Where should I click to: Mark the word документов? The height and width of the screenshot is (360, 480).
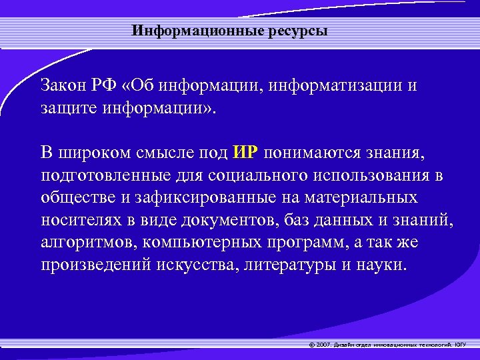coord(227,220)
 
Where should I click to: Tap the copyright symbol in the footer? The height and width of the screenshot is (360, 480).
coord(311,345)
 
